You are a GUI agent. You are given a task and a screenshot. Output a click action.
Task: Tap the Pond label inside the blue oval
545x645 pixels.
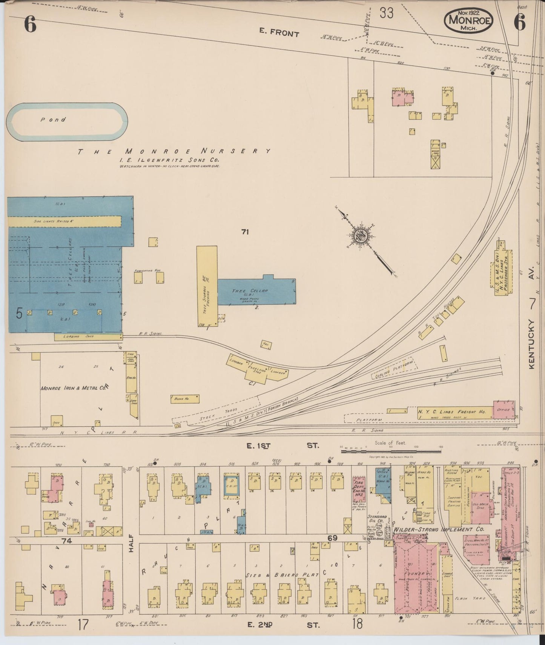[x=53, y=120]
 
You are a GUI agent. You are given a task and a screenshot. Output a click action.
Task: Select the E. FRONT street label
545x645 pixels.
[x=279, y=33]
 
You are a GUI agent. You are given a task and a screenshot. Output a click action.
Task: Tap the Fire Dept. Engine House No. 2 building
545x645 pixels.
[x=359, y=489]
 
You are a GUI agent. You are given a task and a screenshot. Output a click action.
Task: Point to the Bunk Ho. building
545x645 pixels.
[x=184, y=399]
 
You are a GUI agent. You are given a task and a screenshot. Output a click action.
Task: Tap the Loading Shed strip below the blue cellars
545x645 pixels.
[x=88, y=336]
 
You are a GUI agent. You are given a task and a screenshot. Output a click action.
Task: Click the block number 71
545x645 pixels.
[x=245, y=232]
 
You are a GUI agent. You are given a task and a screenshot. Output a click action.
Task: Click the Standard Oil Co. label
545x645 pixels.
[x=377, y=519]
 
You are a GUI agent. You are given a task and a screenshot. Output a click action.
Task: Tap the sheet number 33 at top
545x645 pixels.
[x=387, y=13]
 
